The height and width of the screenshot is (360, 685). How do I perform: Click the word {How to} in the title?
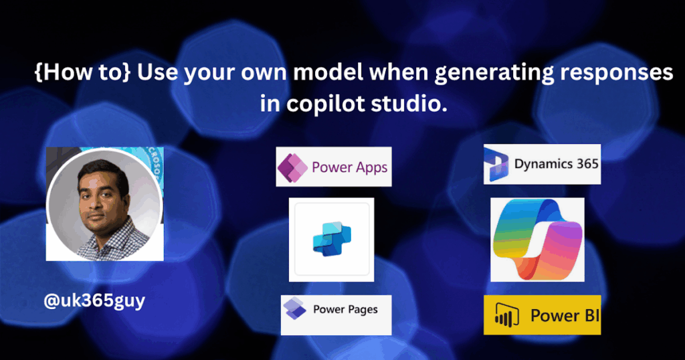(x=82, y=72)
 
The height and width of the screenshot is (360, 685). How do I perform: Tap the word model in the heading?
(x=329, y=72)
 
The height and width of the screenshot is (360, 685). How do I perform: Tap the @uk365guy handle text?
(x=94, y=302)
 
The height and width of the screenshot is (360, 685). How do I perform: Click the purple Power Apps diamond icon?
(x=292, y=167)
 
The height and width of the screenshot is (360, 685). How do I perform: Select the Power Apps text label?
(x=349, y=168)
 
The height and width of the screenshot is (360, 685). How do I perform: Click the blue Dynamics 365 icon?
(x=496, y=165)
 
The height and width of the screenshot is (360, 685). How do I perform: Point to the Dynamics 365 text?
(x=556, y=164)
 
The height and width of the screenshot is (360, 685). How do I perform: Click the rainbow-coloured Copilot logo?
(x=537, y=240)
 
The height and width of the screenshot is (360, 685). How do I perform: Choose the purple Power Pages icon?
(x=294, y=308)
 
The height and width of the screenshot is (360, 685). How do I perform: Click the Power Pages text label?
(x=345, y=310)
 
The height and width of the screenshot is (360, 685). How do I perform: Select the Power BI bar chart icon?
(x=507, y=315)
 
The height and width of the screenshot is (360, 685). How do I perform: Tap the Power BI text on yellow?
(x=565, y=315)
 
